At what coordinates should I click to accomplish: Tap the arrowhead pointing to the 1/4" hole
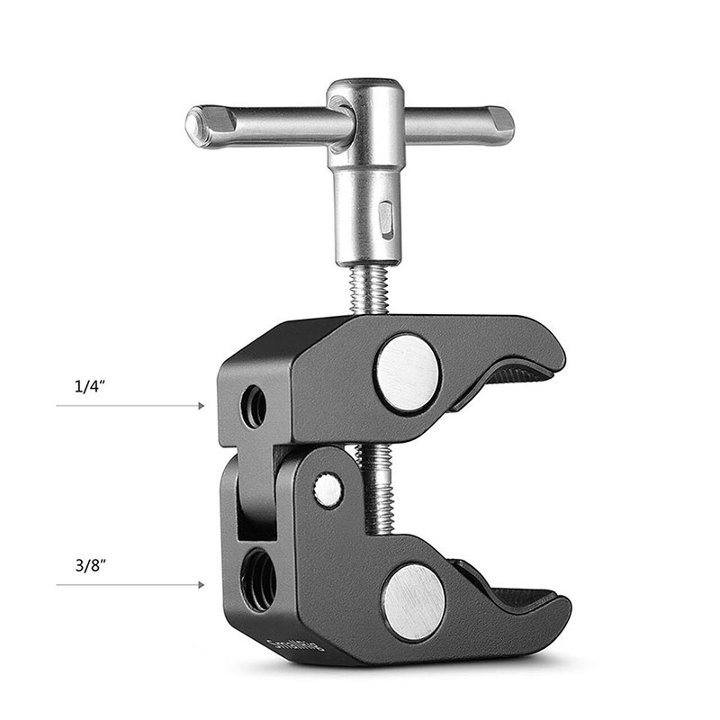[x=200, y=407]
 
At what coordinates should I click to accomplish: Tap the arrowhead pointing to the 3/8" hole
[x=200, y=585]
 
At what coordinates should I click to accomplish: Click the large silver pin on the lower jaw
[x=413, y=599]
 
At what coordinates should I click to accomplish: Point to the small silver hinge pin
[x=328, y=490]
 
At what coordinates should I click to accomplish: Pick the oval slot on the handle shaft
[x=386, y=219]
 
